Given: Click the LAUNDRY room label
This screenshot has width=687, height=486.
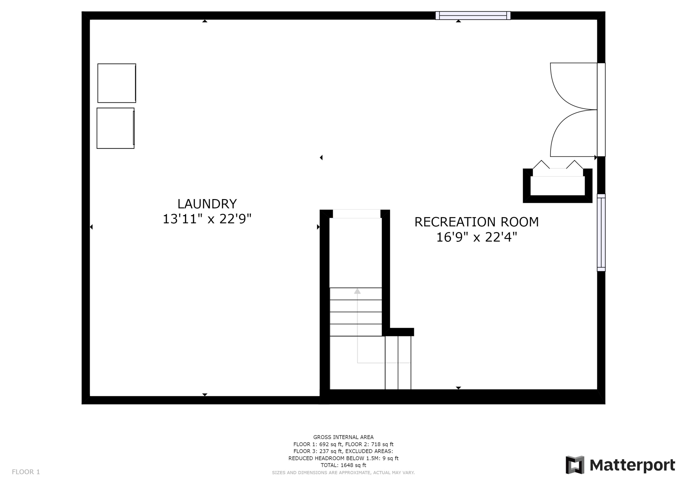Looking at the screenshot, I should pyautogui.click(x=207, y=204).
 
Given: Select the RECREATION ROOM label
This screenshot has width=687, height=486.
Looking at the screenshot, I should pyautogui.click(x=476, y=222).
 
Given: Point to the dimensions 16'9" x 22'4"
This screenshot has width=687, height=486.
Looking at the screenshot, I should pyautogui.click(x=476, y=237).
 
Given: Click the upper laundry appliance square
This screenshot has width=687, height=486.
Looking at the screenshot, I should pyautogui.click(x=117, y=83).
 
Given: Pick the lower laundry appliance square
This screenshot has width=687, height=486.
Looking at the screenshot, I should pyautogui.click(x=115, y=128).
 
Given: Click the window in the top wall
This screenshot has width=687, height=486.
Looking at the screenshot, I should pyautogui.click(x=473, y=16).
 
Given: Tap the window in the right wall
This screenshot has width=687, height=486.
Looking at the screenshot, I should pyautogui.click(x=601, y=233).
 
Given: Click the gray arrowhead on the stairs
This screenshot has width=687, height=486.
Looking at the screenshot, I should pyautogui.click(x=357, y=291).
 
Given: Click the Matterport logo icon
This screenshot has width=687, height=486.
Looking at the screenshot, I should pyautogui.click(x=575, y=465).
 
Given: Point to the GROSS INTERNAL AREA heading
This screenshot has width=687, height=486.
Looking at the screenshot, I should pyautogui.click(x=343, y=437).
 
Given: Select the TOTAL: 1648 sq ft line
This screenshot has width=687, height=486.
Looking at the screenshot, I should pyautogui.click(x=343, y=465).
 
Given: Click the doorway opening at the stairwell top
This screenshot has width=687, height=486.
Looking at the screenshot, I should pyautogui.click(x=356, y=214).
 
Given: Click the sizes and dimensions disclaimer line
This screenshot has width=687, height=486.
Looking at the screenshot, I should pyautogui.click(x=343, y=472).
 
